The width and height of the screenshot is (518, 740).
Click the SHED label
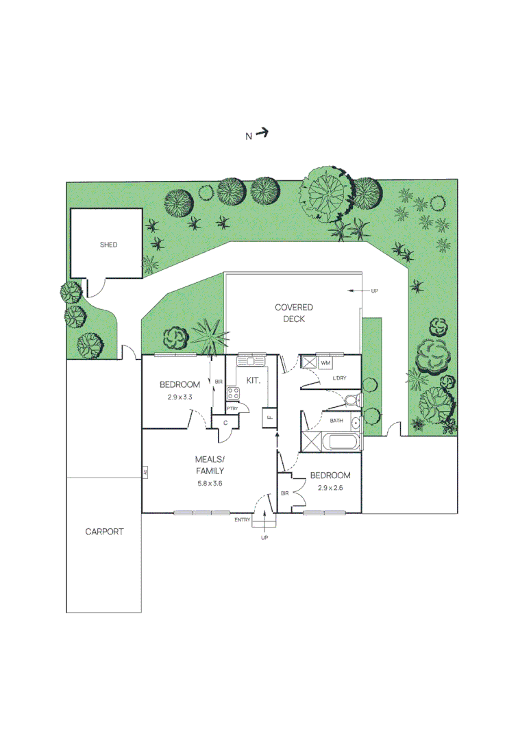108,245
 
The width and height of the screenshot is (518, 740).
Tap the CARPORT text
104,531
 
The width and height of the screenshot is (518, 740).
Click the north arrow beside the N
262,134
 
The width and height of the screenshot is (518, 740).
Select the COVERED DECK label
294,313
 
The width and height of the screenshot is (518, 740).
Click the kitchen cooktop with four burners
233,393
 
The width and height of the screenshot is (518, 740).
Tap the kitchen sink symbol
251,360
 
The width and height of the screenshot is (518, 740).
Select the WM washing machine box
325,362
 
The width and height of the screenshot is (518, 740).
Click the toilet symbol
351,400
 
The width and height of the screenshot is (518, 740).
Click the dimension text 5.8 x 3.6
210,483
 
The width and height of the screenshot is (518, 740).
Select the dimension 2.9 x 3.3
180,397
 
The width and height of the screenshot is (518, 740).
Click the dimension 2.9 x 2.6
330,488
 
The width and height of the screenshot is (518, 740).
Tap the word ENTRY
243,520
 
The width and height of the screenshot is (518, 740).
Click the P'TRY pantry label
232,409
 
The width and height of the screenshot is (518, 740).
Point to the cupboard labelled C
225,423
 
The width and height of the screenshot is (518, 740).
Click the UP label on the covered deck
374,291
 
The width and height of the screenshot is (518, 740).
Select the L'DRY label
339,379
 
